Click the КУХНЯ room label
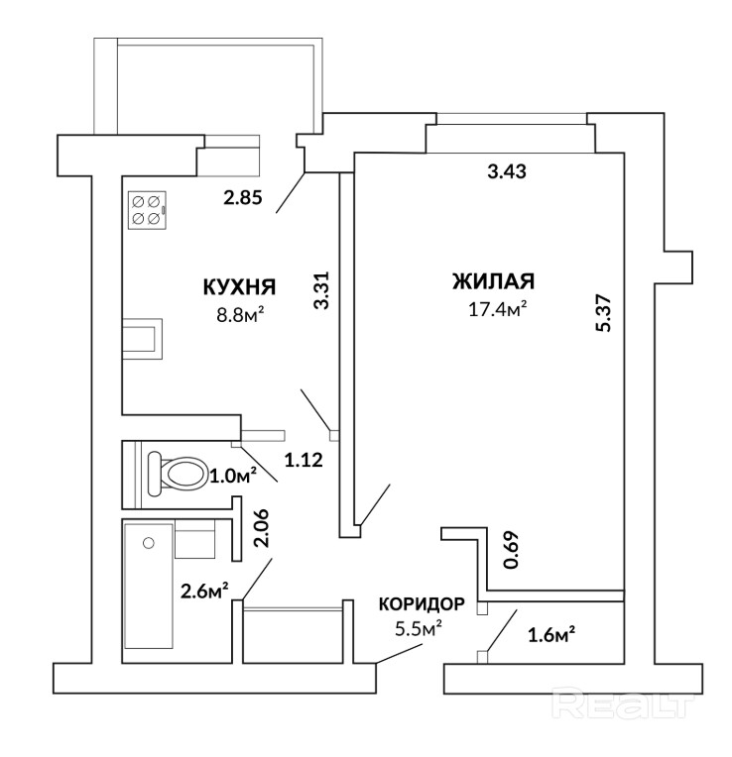(239, 286)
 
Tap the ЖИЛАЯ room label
(493, 281)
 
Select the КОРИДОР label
(422, 604)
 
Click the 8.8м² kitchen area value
(240, 315)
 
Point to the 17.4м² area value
(497, 308)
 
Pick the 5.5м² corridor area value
(419, 628)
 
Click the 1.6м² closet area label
(551, 636)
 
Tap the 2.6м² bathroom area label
(204, 591)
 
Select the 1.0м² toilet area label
(232, 476)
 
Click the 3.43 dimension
(507, 171)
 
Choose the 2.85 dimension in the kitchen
(243, 197)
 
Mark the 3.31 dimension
(321, 290)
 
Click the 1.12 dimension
(304, 460)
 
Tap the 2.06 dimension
(262, 528)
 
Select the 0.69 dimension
(511, 550)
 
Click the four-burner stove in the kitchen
(148, 210)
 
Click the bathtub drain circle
(149, 543)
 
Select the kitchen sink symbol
(142, 339)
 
